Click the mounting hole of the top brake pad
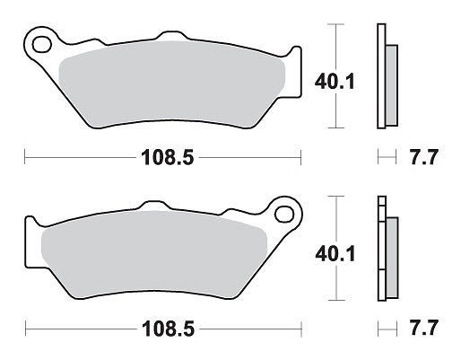click(x=41, y=45)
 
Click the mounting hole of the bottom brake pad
click(x=284, y=215)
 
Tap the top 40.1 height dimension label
click(x=335, y=82)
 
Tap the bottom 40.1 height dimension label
click(x=335, y=254)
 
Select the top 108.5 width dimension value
click(x=168, y=157)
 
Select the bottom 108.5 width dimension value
click(x=169, y=329)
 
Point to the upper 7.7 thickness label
click(x=423, y=157)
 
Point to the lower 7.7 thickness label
click(x=424, y=328)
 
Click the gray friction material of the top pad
click(x=172, y=83)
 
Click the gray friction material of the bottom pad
click(x=154, y=254)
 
